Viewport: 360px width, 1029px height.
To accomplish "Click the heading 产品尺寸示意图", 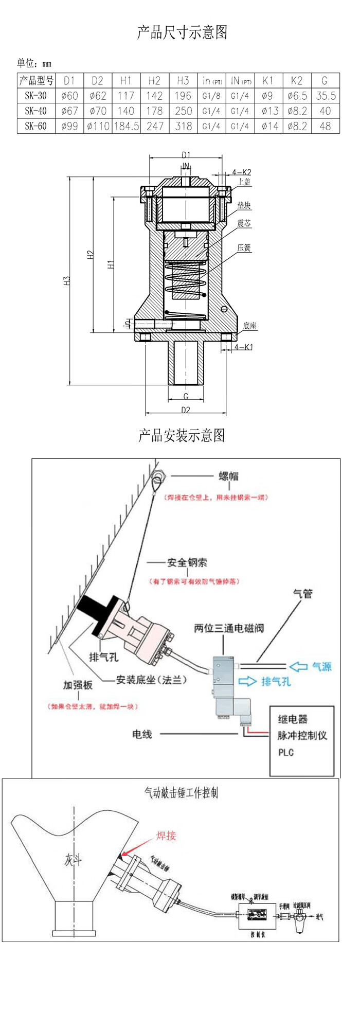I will (x=182, y=32).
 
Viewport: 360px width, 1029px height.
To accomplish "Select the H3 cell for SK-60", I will (x=183, y=126).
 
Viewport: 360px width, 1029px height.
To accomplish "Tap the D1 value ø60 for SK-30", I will (x=69, y=96).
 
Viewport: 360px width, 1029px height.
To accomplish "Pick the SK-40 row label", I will (x=35, y=111).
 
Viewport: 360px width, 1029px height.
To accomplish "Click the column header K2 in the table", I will (x=296, y=80).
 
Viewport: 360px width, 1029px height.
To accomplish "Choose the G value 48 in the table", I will (x=325, y=126).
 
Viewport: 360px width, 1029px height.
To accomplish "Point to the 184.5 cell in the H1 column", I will (x=126, y=126).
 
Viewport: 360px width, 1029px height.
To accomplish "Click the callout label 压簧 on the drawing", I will (x=244, y=248).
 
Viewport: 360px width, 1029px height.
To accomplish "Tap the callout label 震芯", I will (x=244, y=223).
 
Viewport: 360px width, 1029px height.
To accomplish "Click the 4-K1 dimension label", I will (x=243, y=347).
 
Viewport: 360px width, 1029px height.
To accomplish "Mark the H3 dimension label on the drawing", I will (x=67, y=281).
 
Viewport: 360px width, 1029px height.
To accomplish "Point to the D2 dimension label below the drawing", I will (x=186, y=410).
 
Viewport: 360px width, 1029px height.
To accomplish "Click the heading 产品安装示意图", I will (x=182, y=435).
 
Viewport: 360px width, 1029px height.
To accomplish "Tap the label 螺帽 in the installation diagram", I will (x=228, y=476).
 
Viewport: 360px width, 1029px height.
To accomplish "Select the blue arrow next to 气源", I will (x=298, y=667).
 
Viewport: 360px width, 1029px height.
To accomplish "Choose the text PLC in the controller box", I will (x=286, y=752).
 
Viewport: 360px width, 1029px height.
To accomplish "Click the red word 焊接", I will (x=166, y=836).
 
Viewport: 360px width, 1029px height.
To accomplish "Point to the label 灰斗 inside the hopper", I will (x=73, y=859).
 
